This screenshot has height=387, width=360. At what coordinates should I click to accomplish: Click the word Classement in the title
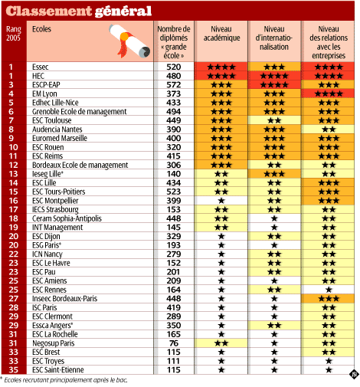48,11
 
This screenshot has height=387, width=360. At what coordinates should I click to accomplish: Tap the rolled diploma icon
129,41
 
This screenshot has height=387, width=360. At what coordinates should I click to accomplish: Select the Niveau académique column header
221,34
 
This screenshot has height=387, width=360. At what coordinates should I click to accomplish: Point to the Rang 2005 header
14,34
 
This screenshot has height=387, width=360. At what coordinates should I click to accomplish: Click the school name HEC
38,76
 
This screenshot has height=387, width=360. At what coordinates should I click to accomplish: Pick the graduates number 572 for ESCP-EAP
174,85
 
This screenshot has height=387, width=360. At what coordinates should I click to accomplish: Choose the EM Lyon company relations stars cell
329,93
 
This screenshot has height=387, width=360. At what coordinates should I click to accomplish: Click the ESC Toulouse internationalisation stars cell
274,120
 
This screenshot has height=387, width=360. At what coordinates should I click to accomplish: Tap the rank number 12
13,165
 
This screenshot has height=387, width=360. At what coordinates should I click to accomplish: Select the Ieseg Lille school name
47,174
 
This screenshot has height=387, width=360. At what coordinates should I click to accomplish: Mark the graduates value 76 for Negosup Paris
174,343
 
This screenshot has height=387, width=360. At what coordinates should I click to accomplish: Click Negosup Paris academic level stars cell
221,343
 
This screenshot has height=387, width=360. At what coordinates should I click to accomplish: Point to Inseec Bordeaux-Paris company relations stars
329,298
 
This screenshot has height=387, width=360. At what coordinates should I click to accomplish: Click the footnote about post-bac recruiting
64,380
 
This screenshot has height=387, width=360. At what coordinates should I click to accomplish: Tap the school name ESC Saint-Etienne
58,369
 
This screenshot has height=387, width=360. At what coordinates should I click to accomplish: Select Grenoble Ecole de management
80,112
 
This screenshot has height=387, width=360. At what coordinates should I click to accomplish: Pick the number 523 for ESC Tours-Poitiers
174,192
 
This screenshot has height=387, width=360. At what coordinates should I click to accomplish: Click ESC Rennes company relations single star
329,290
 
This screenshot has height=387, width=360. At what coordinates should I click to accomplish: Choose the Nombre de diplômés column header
174,42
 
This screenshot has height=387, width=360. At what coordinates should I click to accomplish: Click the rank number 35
13,369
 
